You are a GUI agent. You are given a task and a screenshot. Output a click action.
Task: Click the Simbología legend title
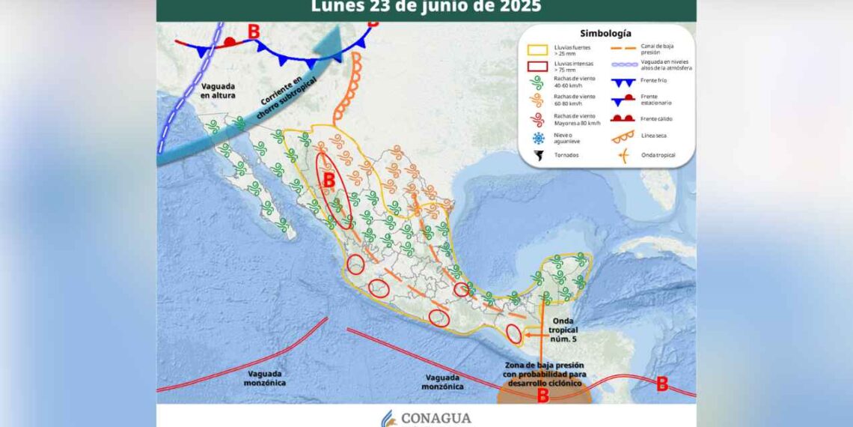(605, 34)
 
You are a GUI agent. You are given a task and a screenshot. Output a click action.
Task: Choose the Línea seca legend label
(654, 136)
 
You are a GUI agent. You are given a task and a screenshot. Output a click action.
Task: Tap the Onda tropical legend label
(658, 155)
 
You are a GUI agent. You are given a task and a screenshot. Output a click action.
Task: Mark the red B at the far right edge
(661, 384)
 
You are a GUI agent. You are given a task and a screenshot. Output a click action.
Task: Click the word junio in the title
(440, 7)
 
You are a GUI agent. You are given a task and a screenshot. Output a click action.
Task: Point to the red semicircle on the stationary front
(231, 40)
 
